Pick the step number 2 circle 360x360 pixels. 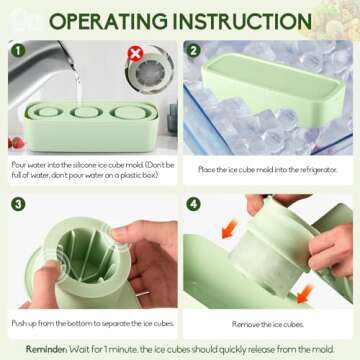click(194, 49)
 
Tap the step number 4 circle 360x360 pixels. click(194, 205)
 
